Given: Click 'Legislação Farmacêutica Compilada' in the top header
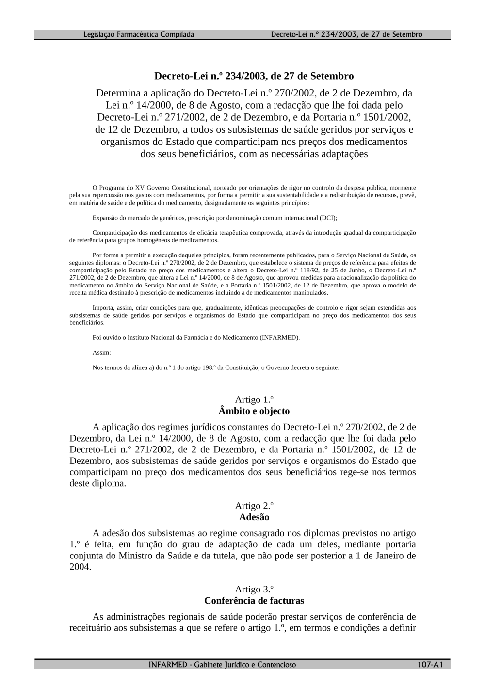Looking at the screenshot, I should (x=139, y=34).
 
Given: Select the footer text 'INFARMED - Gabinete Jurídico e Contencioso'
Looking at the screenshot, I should (x=223, y=664).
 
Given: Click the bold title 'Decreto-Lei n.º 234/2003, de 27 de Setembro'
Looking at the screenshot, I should (x=254, y=76).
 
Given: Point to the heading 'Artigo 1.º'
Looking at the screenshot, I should (x=254, y=399).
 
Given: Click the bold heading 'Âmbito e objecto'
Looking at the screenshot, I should (x=254, y=411).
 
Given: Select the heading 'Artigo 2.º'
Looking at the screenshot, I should (x=254, y=506).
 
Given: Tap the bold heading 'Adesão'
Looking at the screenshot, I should (x=254, y=517).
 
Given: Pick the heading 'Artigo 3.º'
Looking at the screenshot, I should (x=254, y=589).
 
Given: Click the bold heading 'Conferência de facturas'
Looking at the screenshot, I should (x=254, y=601).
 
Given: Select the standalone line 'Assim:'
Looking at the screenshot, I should (x=101, y=352).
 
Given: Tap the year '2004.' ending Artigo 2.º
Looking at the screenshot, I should (x=80, y=567).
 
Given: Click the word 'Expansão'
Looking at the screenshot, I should (x=103, y=218).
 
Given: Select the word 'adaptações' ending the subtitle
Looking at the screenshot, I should (x=345, y=154).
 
